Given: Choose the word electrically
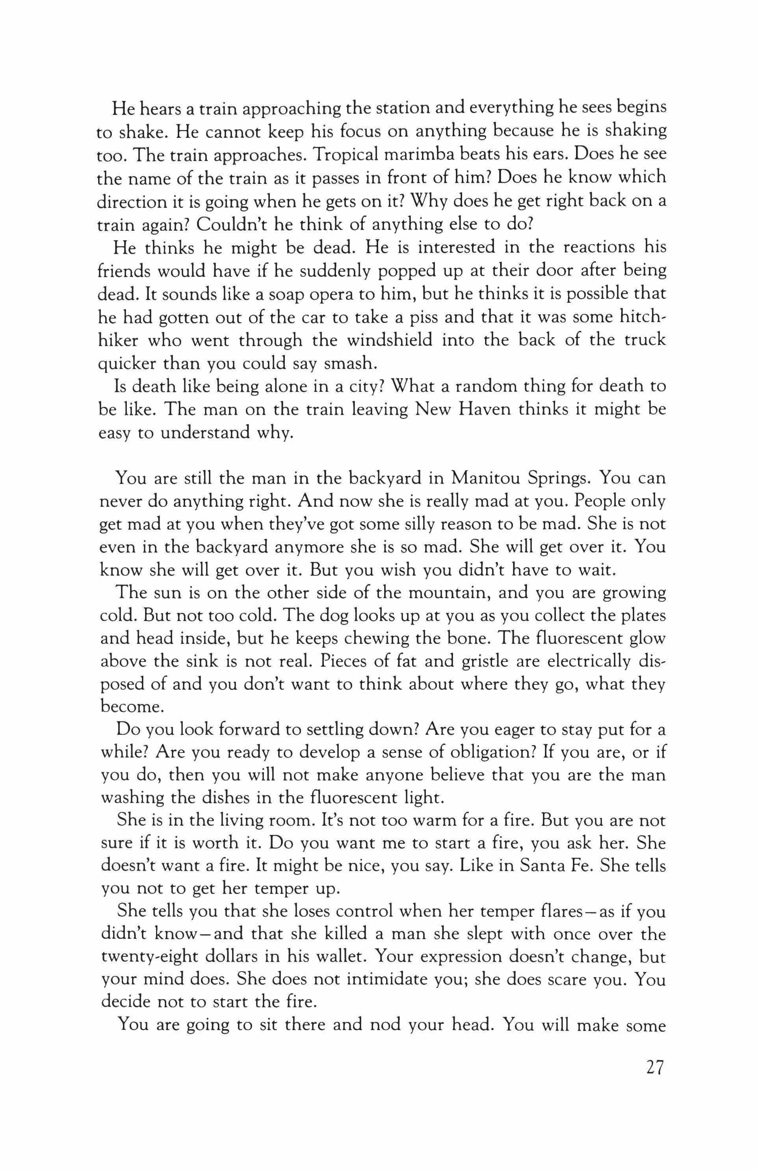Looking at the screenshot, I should pyautogui.click(x=582, y=662).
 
